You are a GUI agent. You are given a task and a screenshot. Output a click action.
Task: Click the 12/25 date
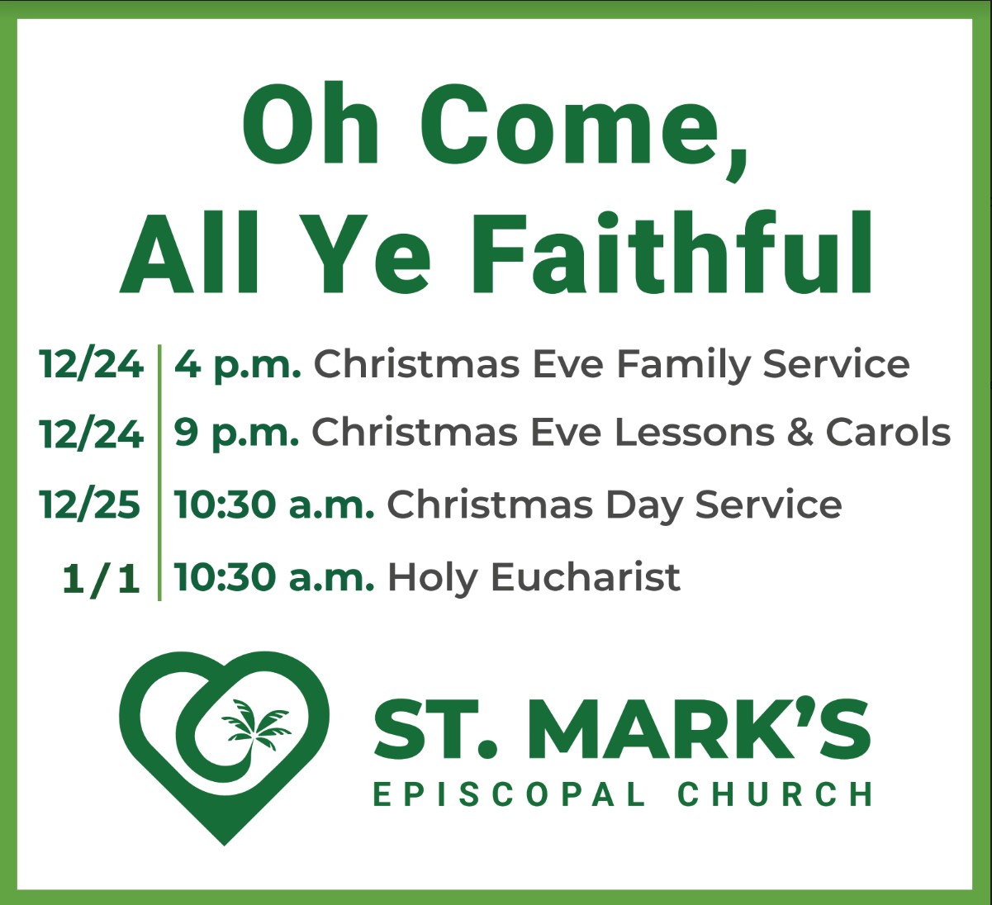click(91, 505)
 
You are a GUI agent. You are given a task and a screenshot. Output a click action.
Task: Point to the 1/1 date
click(101, 579)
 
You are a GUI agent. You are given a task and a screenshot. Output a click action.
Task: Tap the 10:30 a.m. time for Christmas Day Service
click(273, 505)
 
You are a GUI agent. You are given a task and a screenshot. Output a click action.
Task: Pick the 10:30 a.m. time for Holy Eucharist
click(273, 578)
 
